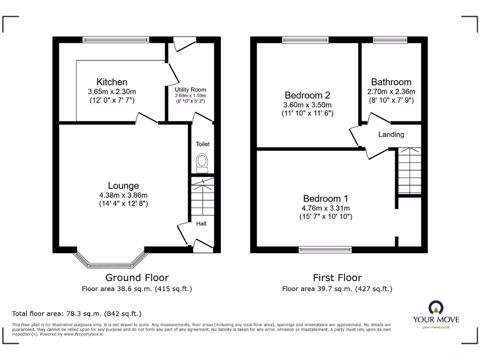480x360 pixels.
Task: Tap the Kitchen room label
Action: click(x=112, y=82)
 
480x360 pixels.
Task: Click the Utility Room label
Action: click(x=190, y=90)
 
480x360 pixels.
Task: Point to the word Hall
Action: click(x=201, y=224)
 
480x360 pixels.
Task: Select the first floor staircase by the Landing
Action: click(x=409, y=171)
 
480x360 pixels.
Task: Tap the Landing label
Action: click(x=391, y=135)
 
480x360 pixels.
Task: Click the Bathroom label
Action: click(x=391, y=82)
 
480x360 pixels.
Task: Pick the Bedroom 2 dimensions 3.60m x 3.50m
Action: click(x=307, y=105)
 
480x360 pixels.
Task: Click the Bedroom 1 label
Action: click(x=325, y=198)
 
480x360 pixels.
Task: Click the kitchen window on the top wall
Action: click(x=116, y=40)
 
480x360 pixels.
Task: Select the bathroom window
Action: click(x=390, y=40)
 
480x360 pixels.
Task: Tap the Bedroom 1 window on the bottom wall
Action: click(x=325, y=249)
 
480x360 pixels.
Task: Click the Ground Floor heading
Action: click(x=137, y=277)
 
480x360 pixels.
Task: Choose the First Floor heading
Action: click(x=337, y=277)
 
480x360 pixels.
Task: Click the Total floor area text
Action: click(x=76, y=314)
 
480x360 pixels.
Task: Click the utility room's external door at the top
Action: click(x=184, y=44)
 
